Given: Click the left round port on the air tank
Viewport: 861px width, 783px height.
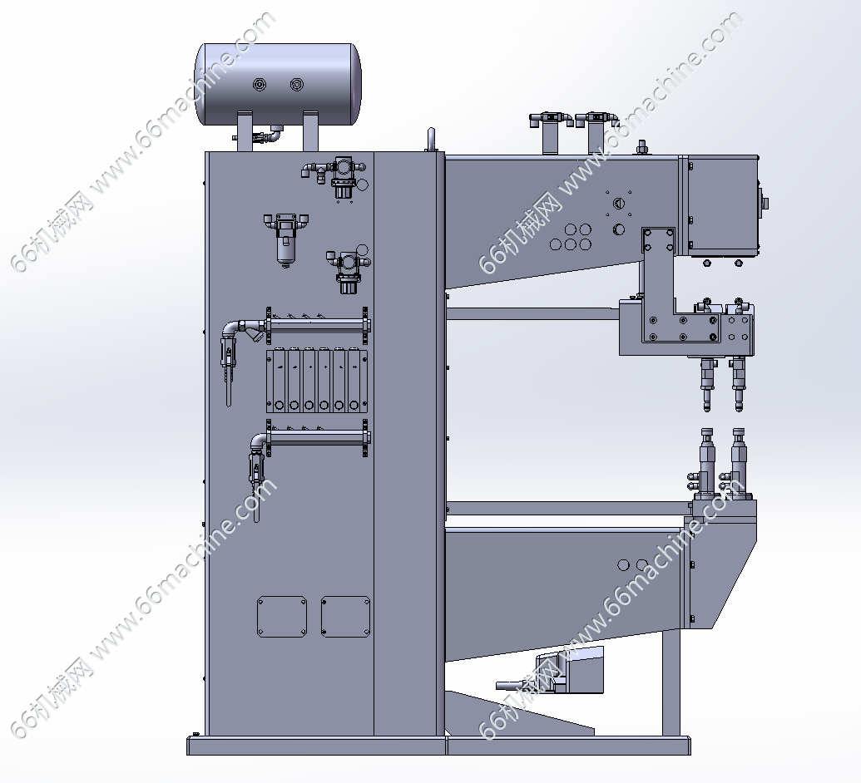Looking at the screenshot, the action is [x=260, y=84].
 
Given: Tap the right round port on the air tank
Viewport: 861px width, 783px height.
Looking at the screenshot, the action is [x=296, y=84].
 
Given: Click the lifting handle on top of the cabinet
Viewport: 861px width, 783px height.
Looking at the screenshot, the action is [x=431, y=140].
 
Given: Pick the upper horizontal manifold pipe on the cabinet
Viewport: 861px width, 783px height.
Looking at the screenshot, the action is [x=317, y=325].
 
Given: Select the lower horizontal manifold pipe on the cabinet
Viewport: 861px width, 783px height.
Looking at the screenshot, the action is [x=317, y=437].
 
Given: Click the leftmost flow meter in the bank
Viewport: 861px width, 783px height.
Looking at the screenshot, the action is [x=279, y=380].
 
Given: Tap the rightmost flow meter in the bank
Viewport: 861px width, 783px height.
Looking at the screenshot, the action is [x=354, y=380].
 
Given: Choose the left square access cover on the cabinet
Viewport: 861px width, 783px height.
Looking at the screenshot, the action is [x=282, y=617].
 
